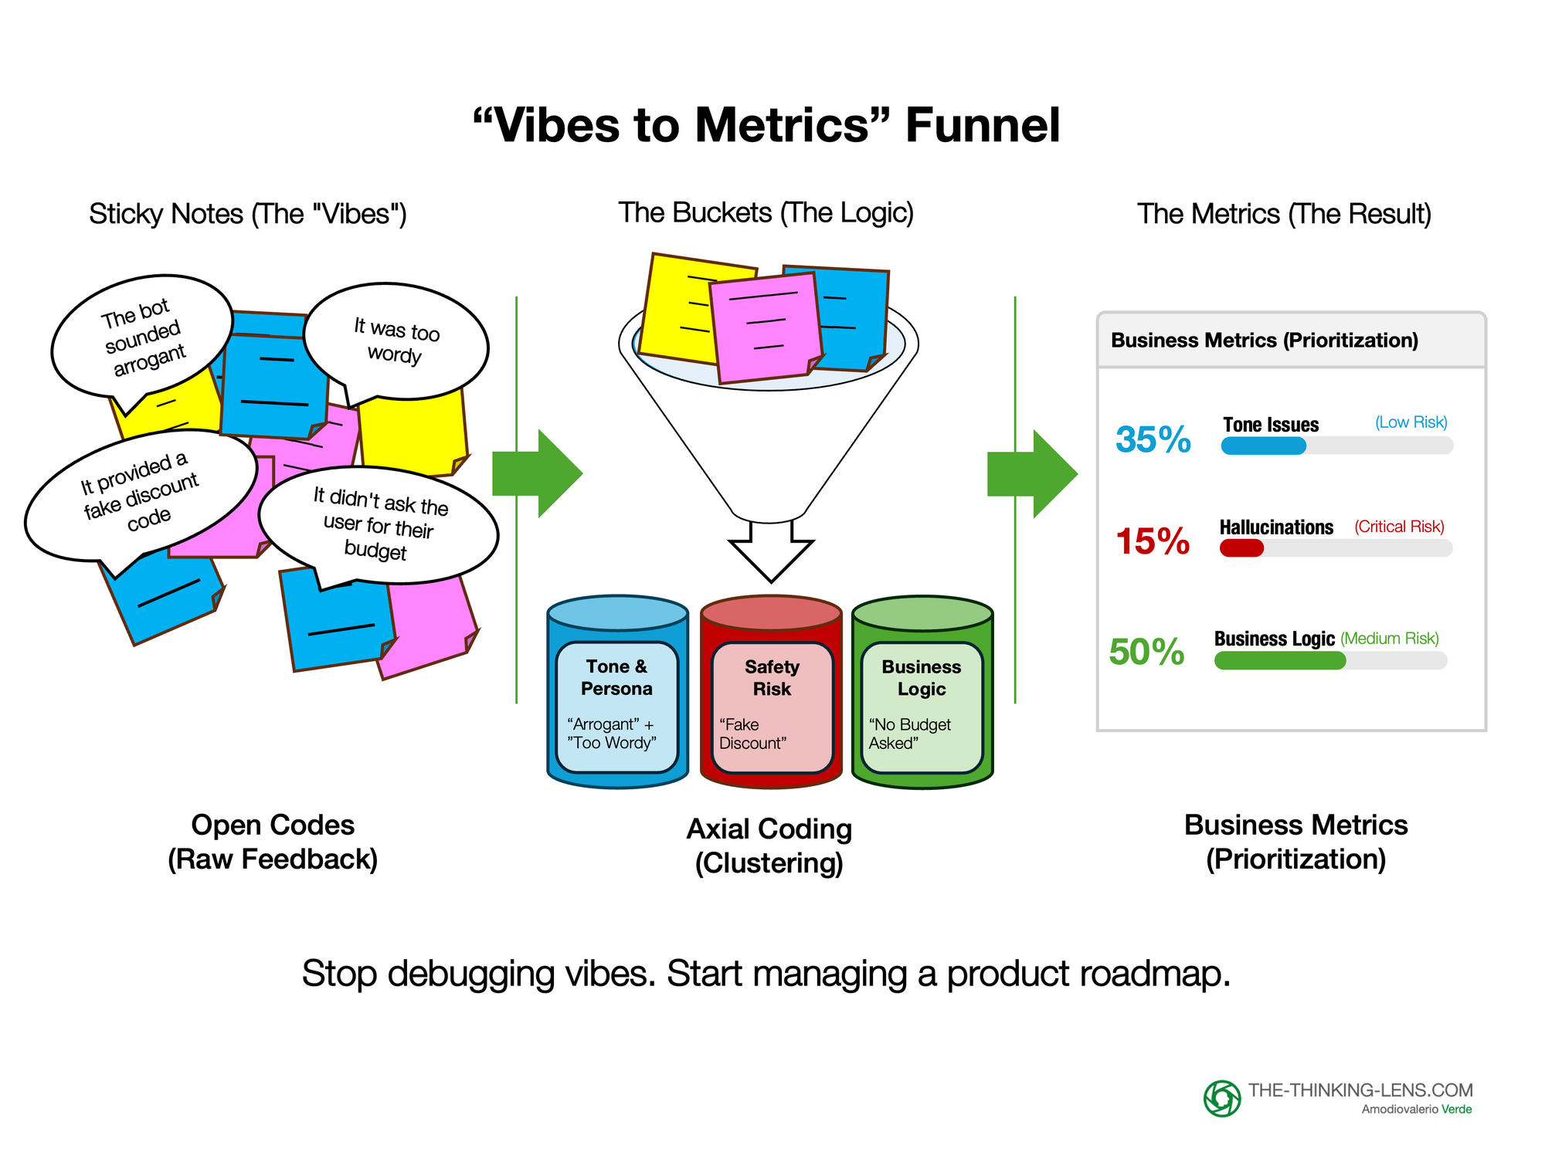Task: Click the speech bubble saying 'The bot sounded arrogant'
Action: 142,337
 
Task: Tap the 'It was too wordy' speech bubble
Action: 396,341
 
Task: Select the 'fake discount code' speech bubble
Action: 141,495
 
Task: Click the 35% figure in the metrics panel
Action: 1153,439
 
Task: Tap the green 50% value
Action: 1146,652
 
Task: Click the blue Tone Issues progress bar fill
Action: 1263,446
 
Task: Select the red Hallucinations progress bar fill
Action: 1241,548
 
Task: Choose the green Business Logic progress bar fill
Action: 1279,660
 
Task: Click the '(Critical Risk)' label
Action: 1399,527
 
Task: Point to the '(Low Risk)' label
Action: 1411,422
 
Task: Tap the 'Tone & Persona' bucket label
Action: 616,677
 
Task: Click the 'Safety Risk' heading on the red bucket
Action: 772,677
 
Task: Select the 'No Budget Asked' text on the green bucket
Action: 909,734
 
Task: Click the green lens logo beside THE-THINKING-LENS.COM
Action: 1222,1098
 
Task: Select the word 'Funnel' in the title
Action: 983,125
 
